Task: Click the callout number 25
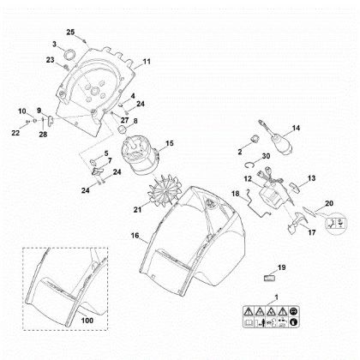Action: click(x=70, y=32)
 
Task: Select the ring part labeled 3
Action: click(x=69, y=55)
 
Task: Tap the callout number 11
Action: click(x=147, y=62)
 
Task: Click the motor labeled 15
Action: click(x=140, y=156)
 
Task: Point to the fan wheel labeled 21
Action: click(x=165, y=189)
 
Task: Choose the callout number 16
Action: click(x=135, y=236)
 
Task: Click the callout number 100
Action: click(x=87, y=321)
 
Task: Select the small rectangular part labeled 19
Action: click(x=269, y=278)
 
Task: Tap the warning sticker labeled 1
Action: click(x=270, y=316)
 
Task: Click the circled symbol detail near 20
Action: click(x=336, y=223)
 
